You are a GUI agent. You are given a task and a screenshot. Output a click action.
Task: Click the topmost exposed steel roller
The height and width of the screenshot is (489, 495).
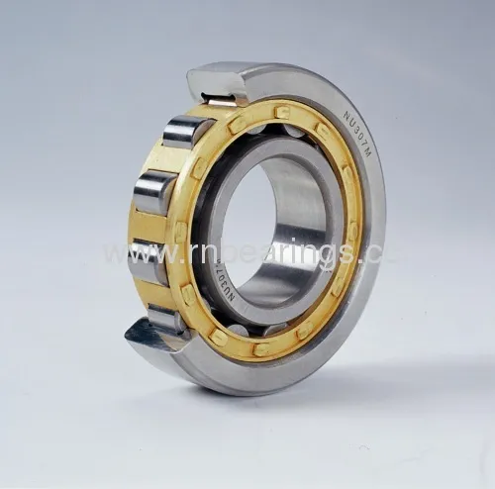(x=187, y=132)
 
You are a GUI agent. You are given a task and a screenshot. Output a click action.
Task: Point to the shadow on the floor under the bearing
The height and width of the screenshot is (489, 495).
(x=327, y=396)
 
